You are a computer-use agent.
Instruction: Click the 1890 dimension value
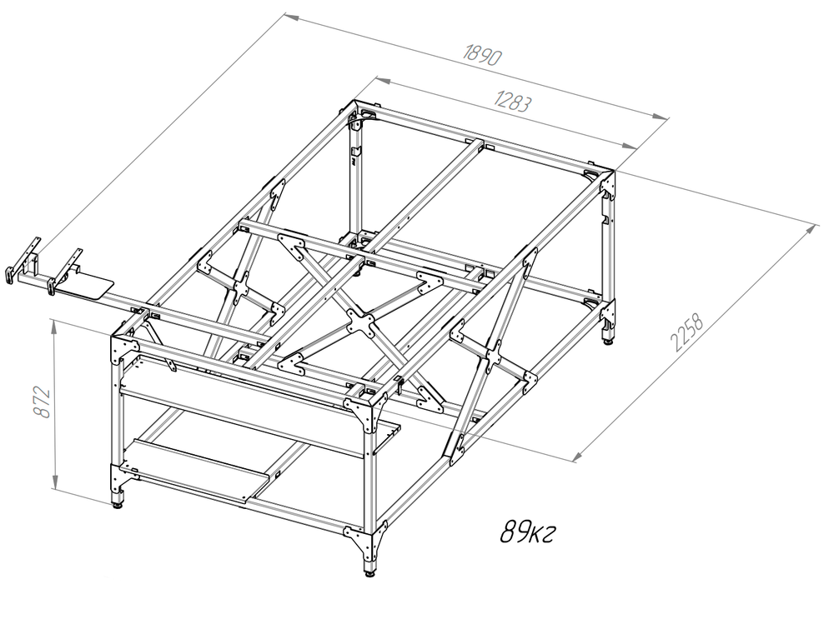pos(483,55)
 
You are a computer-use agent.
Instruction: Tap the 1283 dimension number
pos(513,101)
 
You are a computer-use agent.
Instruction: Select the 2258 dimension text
pos(687,334)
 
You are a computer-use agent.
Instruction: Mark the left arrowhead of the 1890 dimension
pos(291,17)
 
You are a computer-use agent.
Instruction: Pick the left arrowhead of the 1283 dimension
pos(384,80)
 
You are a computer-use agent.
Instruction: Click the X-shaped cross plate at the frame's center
pos(360,322)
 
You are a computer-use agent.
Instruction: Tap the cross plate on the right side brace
pos(494,354)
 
